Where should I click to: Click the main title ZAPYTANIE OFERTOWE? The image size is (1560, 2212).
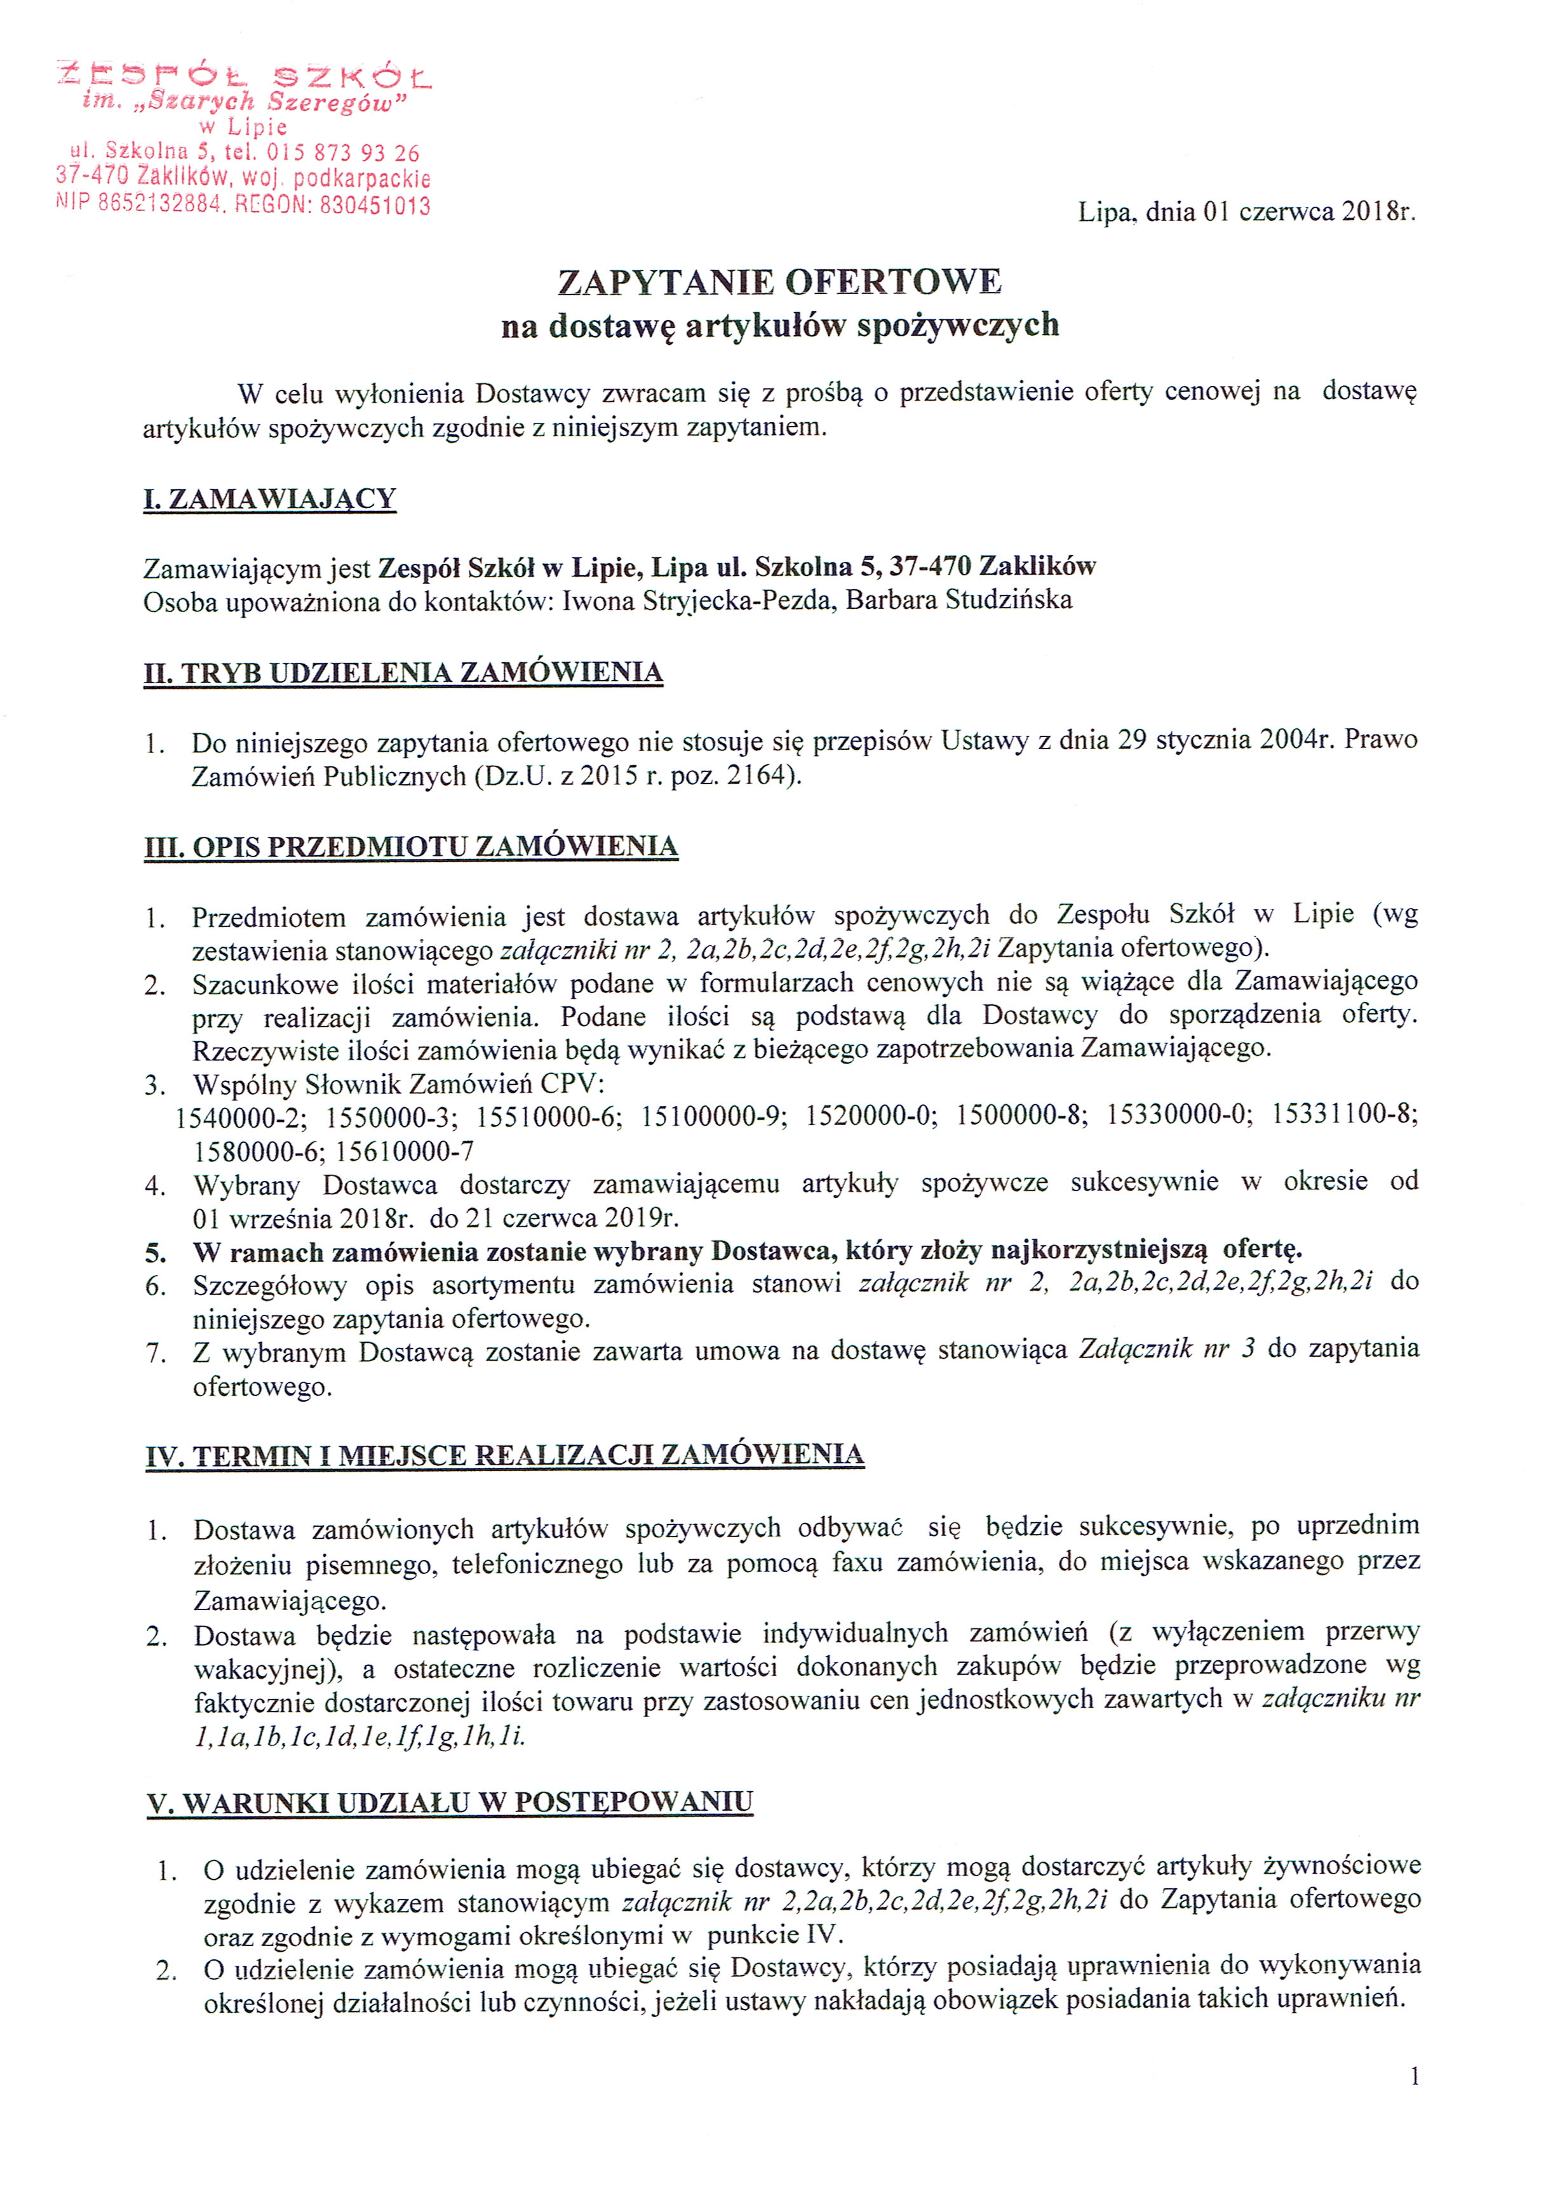click(779, 283)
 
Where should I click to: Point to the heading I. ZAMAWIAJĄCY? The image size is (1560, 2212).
click(270, 499)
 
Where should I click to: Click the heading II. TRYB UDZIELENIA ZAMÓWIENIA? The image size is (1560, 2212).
click(403, 672)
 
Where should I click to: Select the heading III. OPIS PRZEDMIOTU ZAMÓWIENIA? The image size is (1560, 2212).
click(410, 847)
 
